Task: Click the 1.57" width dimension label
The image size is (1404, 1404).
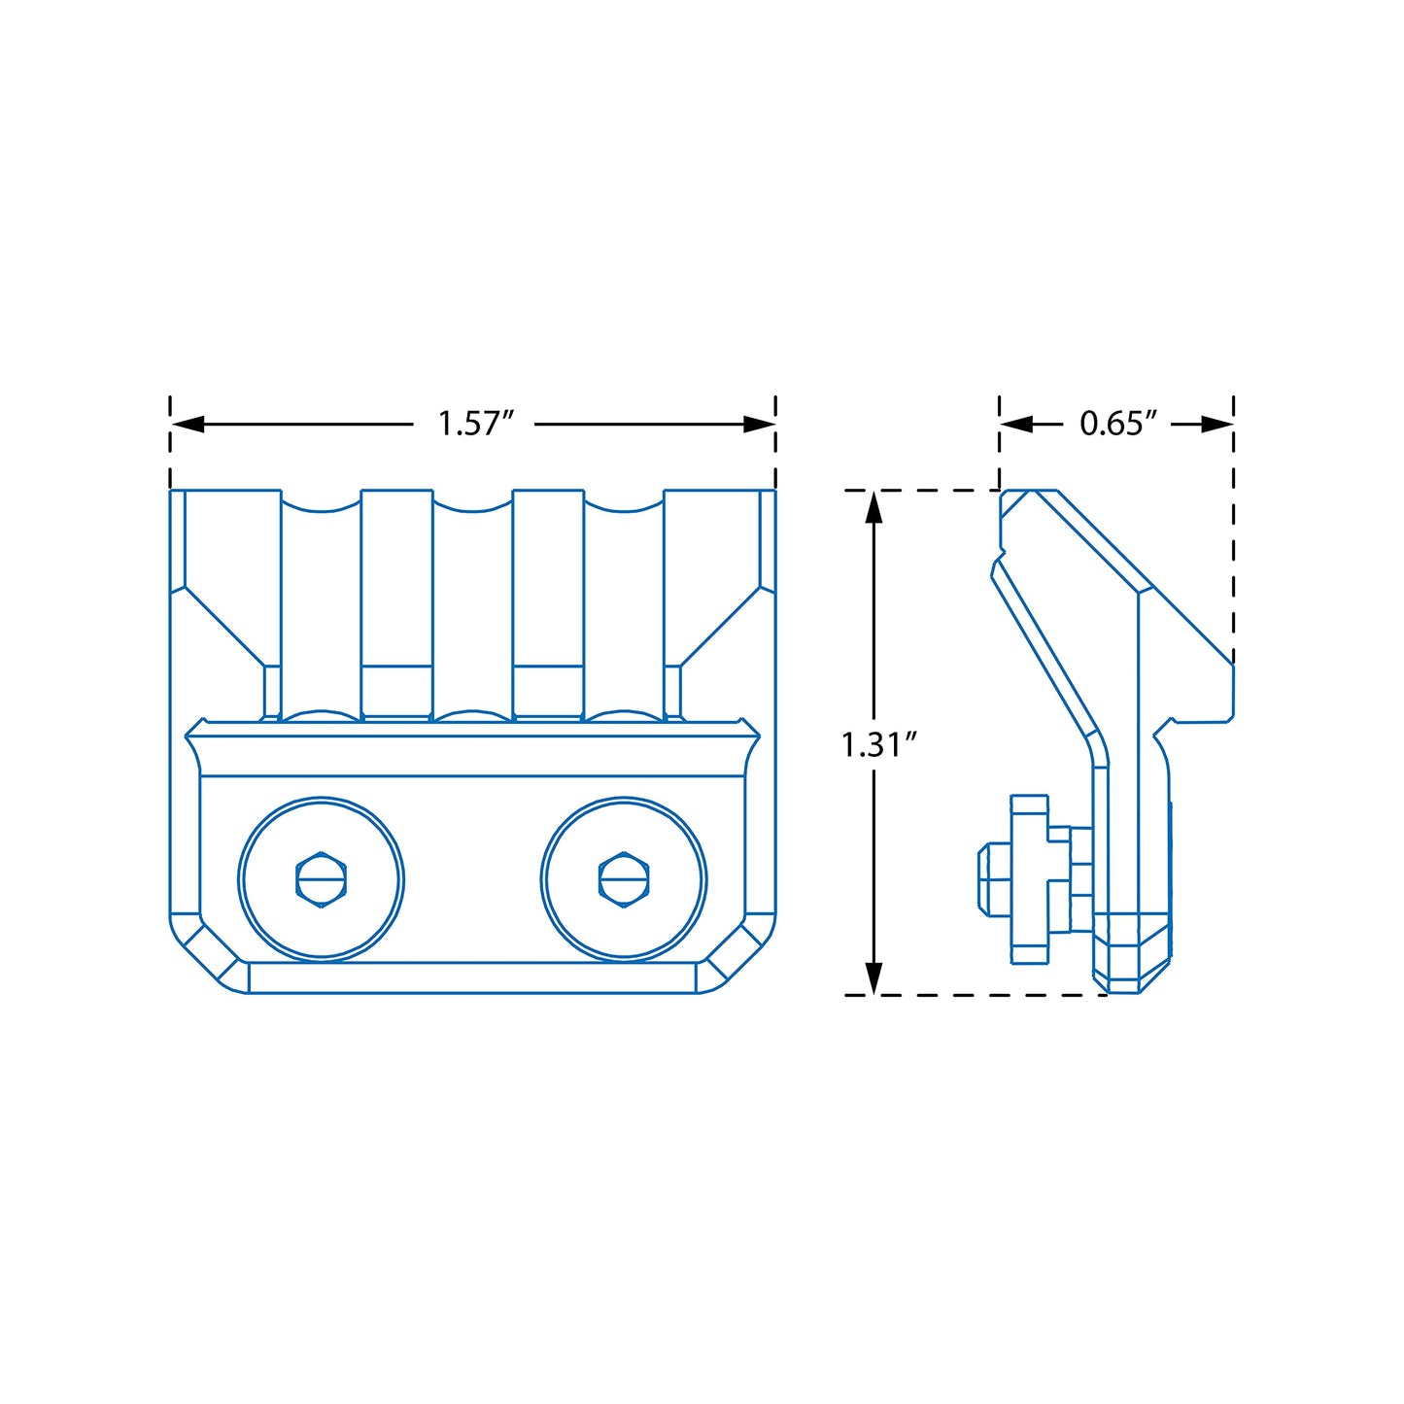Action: click(476, 424)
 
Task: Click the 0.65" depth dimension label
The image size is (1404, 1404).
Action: click(1117, 424)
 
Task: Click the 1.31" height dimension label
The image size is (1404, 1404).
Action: click(878, 744)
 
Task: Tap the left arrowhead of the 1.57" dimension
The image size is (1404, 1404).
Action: click(188, 424)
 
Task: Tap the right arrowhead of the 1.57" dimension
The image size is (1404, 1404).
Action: click(759, 424)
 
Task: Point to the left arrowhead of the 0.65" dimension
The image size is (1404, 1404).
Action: click(1016, 424)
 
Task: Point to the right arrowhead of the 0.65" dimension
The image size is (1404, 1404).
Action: click(1216, 424)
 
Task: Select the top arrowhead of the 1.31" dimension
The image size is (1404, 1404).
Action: click(873, 507)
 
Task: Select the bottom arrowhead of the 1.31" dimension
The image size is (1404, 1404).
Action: click(873, 978)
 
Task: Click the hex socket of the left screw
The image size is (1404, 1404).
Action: click(322, 879)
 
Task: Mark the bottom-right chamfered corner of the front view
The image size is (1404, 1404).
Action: click(736, 954)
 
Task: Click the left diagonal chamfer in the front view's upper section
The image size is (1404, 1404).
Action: click(223, 626)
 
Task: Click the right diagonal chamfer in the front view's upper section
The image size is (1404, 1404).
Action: click(720, 626)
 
